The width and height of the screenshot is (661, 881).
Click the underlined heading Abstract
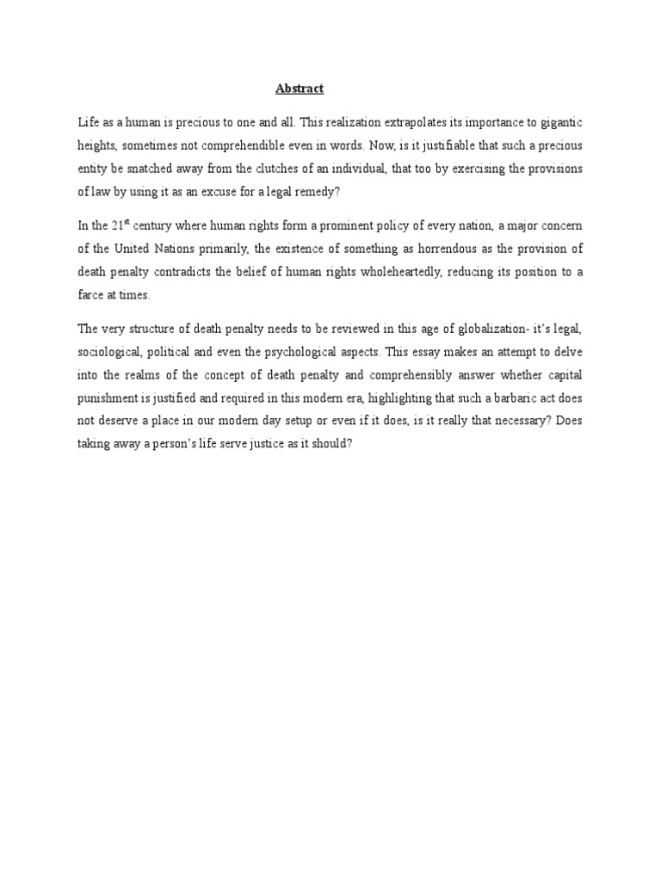click(x=299, y=89)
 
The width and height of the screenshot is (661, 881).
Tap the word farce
click(x=92, y=293)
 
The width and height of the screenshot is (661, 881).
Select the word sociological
click(x=108, y=350)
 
